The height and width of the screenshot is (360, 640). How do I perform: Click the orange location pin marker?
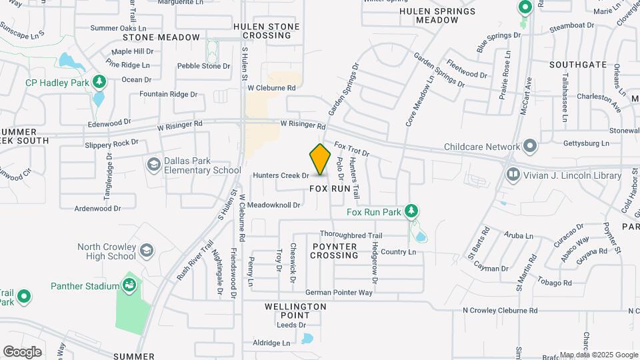(x=321, y=159)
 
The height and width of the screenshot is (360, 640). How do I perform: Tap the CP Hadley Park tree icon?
(x=99, y=82)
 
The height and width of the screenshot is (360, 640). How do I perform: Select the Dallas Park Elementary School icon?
(x=154, y=164)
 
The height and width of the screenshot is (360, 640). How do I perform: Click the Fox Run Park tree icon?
(x=412, y=211)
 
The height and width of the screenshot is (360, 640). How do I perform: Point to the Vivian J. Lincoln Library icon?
(x=513, y=175)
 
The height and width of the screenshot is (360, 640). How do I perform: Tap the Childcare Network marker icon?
(x=530, y=146)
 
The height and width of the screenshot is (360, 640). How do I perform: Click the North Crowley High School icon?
(x=147, y=251)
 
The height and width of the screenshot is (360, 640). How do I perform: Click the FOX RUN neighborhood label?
(x=330, y=189)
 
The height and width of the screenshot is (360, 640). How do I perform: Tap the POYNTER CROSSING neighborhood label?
(x=335, y=251)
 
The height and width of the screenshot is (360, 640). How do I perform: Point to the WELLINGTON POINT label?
(x=294, y=311)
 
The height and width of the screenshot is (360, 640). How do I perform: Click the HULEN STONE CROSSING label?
(x=267, y=31)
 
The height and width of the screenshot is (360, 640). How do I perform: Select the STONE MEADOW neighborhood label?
(x=161, y=37)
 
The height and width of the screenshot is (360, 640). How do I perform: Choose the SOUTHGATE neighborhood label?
(x=578, y=65)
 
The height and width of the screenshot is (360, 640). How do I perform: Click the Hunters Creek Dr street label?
(x=281, y=175)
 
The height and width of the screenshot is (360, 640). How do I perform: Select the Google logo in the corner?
(x=22, y=351)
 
